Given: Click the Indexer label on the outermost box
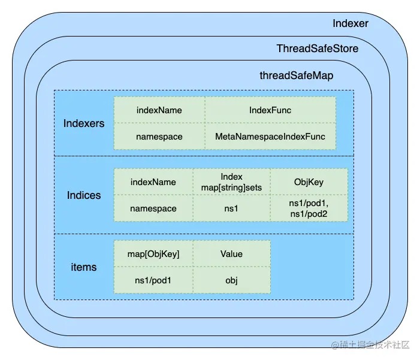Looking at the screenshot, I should [x=350, y=23].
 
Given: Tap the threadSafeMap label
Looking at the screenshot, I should [x=296, y=75].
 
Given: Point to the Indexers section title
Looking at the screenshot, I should [x=84, y=123].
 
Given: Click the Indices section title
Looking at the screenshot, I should [x=84, y=195].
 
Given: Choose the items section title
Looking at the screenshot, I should [x=84, y=267].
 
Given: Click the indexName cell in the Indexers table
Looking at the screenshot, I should [x=159, y=110].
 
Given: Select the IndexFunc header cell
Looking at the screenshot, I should [x=270, y=110].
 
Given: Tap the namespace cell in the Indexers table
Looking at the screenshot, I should [x=159, y=137].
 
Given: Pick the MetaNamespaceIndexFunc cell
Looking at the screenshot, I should [x=270, y=137].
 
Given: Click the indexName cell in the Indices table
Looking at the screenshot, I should [x=153, y=182].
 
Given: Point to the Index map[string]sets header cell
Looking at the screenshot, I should [x=231, y=182].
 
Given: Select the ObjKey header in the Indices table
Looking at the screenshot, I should [x=309, y=182].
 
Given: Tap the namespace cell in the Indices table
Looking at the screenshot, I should [x=153, y=208].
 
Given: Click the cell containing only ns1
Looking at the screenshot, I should [x=231, y=208].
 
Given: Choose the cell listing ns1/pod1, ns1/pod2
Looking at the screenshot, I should [x=309, y=208].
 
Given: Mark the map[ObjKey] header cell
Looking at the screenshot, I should [x=153, y=254].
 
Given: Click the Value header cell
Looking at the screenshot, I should [x=231, y=254].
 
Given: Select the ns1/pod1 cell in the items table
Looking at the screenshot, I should [x=153, y=280].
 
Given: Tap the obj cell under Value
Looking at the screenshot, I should [x=231, y=280].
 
